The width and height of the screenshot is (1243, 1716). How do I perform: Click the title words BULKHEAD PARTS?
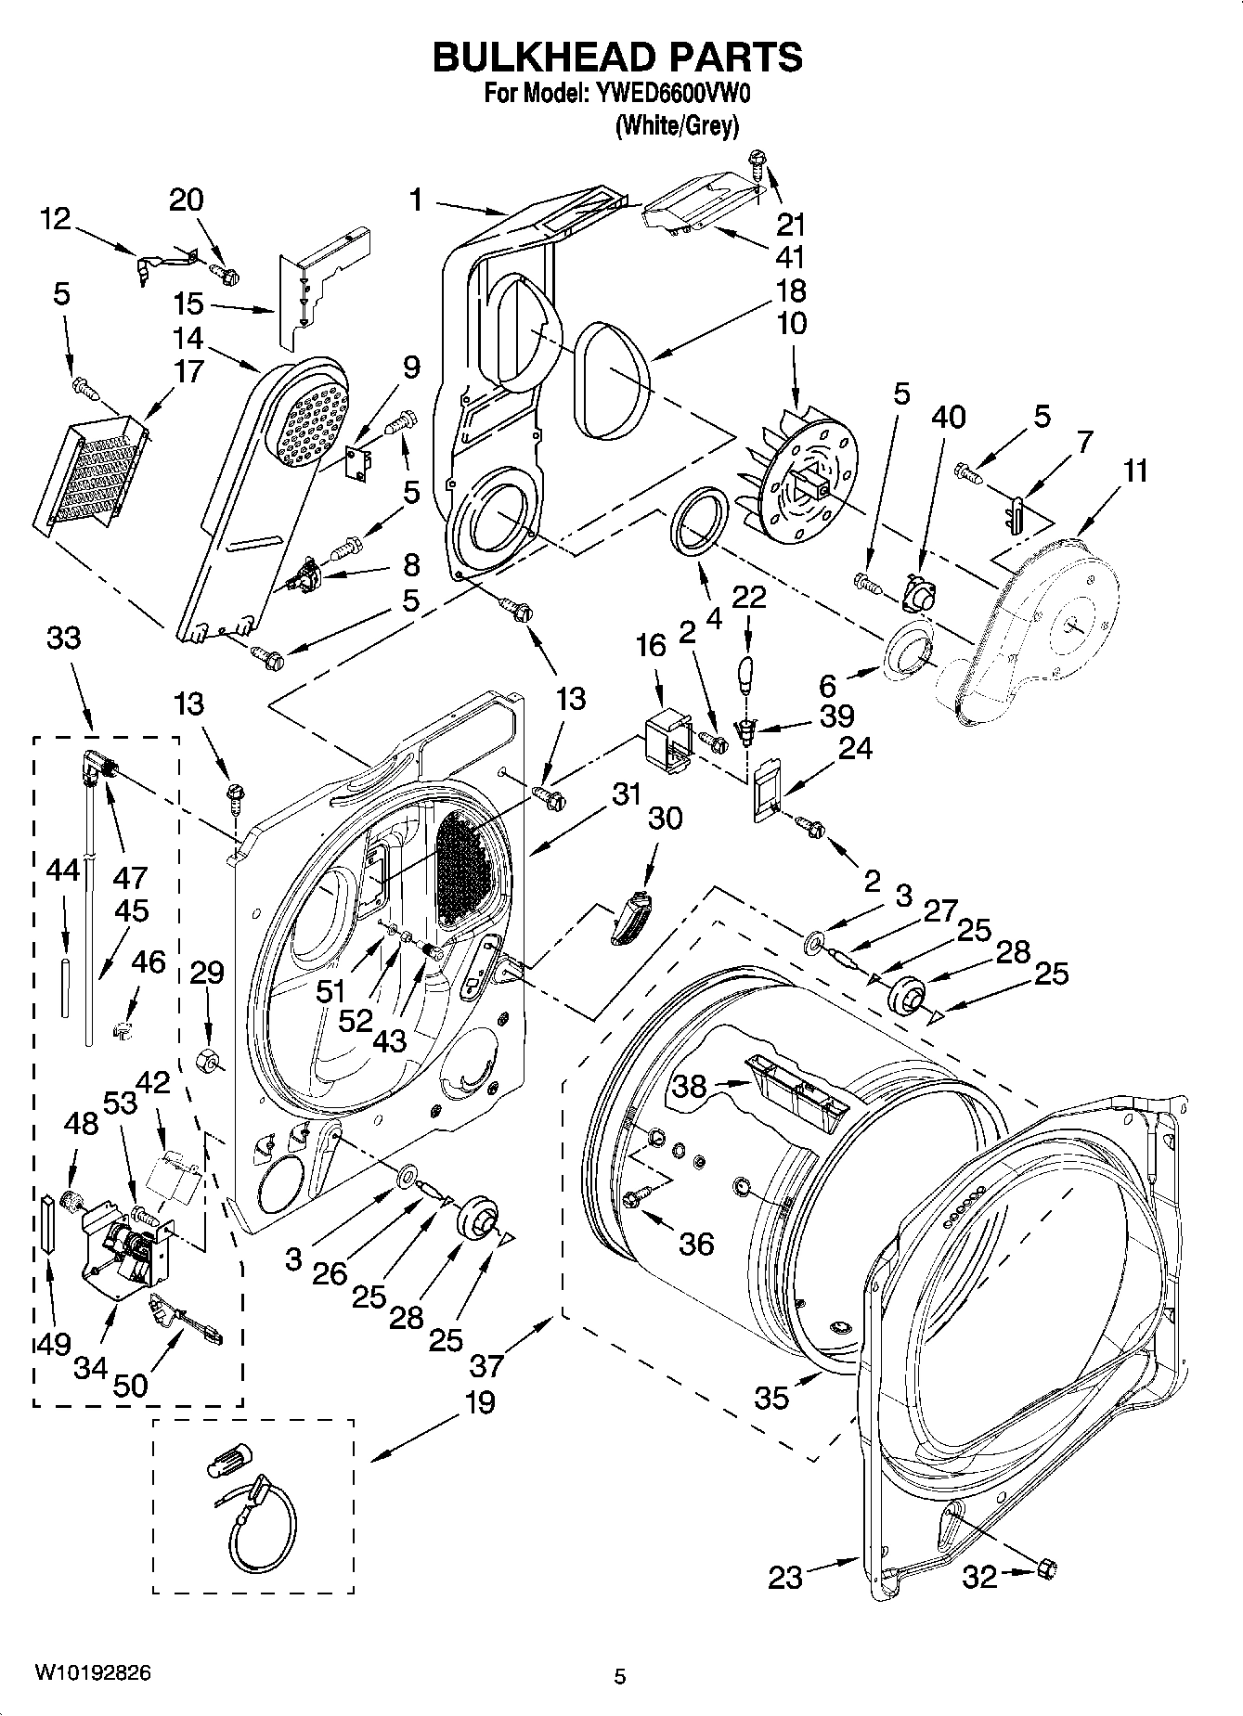(617, 58)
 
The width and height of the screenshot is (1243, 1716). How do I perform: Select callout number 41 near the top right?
(789, 256)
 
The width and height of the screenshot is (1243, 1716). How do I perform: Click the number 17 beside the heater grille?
(188, 371)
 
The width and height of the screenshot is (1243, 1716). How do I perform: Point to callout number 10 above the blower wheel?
(791, 324)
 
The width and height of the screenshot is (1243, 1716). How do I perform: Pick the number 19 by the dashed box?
(479, 1401)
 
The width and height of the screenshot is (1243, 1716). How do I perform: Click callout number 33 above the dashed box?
(64, 638)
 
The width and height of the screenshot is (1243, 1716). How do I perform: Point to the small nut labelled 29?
(207, 1059)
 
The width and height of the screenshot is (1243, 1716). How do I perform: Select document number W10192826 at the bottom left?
(93, 1672)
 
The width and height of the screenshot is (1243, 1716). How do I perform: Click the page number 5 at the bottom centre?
(620, 1676)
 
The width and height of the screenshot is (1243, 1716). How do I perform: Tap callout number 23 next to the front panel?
(784, 1577)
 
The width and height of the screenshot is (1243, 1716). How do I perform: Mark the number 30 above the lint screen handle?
(665, 818)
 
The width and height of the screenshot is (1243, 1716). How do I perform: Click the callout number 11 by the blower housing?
(1134, 471)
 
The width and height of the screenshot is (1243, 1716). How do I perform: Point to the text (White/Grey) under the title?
(677, 126)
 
